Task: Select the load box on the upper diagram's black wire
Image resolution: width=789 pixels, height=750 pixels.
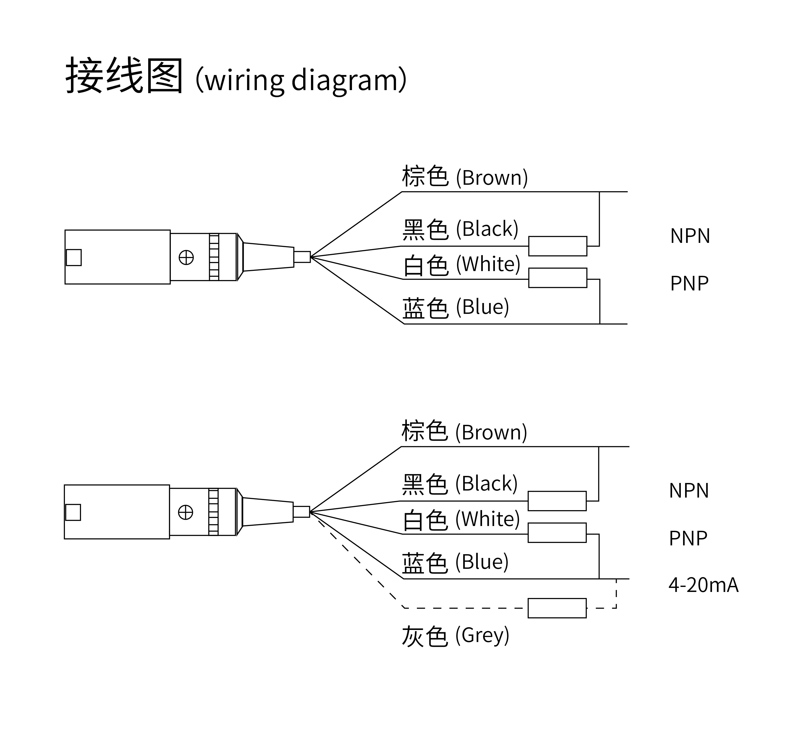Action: tap(558, 246)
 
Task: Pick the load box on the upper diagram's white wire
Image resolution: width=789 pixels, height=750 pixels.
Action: tap(558, 278)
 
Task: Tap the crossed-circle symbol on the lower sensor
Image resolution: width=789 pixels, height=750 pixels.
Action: tap(185, 512)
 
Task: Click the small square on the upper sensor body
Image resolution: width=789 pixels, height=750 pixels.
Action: tap(73, 257)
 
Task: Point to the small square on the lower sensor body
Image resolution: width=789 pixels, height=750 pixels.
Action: tap(73, 512)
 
